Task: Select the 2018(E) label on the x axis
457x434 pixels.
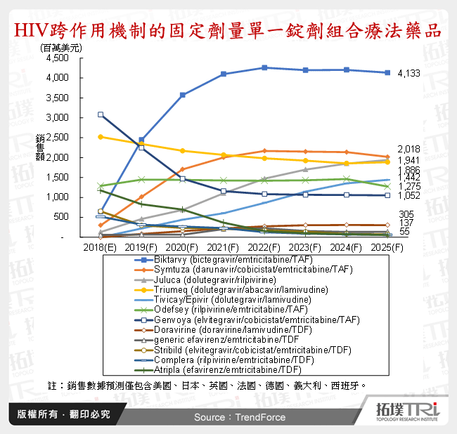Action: tap(101, 249)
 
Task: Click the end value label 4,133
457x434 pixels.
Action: tap(409, 73)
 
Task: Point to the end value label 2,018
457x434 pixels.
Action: tap(409, 149)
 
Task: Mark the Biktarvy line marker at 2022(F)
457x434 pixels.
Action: tap(264, 67)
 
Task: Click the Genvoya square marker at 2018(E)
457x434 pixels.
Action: tap(101, 114)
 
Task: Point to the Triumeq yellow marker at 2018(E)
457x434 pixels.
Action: tap(101, 137)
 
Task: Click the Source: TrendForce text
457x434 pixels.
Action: tap(240, 417)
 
